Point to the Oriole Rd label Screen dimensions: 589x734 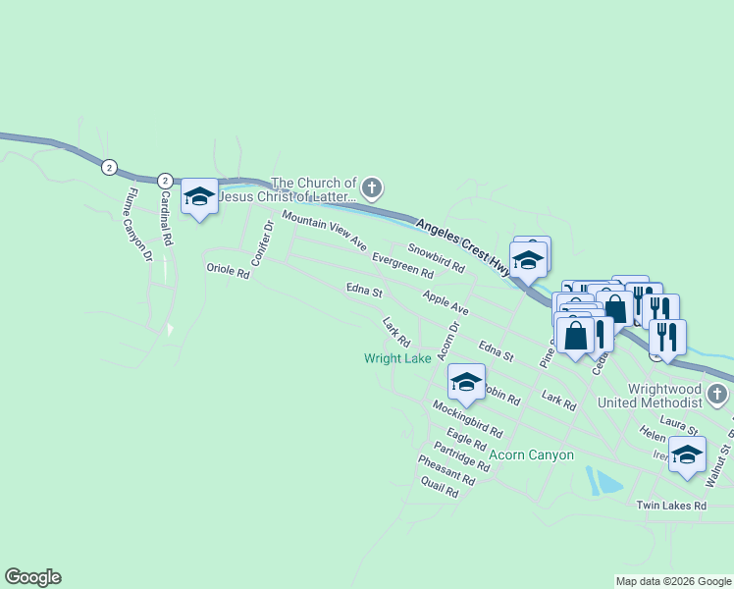click(x=228, y=270)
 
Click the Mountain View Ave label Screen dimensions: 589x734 click(x=323, y=229)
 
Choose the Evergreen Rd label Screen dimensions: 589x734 click(x=402, y=264)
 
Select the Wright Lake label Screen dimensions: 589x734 click(x=397, y=358)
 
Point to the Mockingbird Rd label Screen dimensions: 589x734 click(x=467, y=419)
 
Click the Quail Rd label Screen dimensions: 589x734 click(x=439, y=487)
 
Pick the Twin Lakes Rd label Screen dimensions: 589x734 click(x=671, y=506)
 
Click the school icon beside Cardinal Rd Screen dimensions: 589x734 click(x=199, y=197)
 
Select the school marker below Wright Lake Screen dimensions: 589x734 click(x=466, y=381)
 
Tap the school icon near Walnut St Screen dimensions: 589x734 click(x=687, y=455)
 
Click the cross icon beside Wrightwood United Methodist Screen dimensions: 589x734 click(x=717, y=396)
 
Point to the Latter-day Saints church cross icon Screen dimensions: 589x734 click(x=371, y=187)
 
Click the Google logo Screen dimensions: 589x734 click(x=32, y=577)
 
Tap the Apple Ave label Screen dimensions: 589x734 click(x=446, y=302)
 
